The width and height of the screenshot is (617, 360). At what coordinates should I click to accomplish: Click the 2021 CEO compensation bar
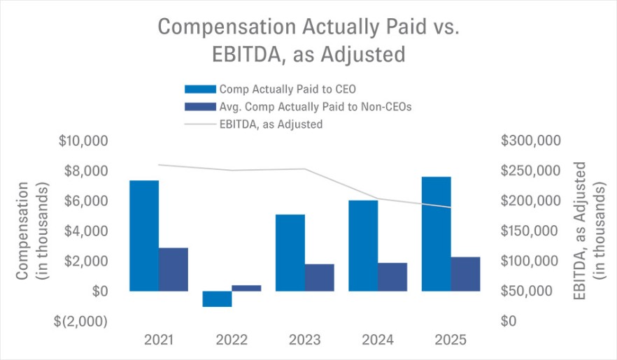143,236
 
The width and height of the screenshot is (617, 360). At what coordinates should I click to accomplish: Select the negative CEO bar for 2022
217,298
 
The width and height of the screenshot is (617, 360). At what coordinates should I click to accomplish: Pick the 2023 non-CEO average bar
319,278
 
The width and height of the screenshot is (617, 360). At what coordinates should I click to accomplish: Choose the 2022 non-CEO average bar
246,288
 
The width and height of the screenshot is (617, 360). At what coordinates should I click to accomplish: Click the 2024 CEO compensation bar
363,245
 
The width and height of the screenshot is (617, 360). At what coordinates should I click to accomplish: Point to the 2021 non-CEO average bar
173,269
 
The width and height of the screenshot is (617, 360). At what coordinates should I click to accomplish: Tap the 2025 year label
450,340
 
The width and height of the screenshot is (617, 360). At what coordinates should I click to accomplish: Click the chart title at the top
308,41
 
